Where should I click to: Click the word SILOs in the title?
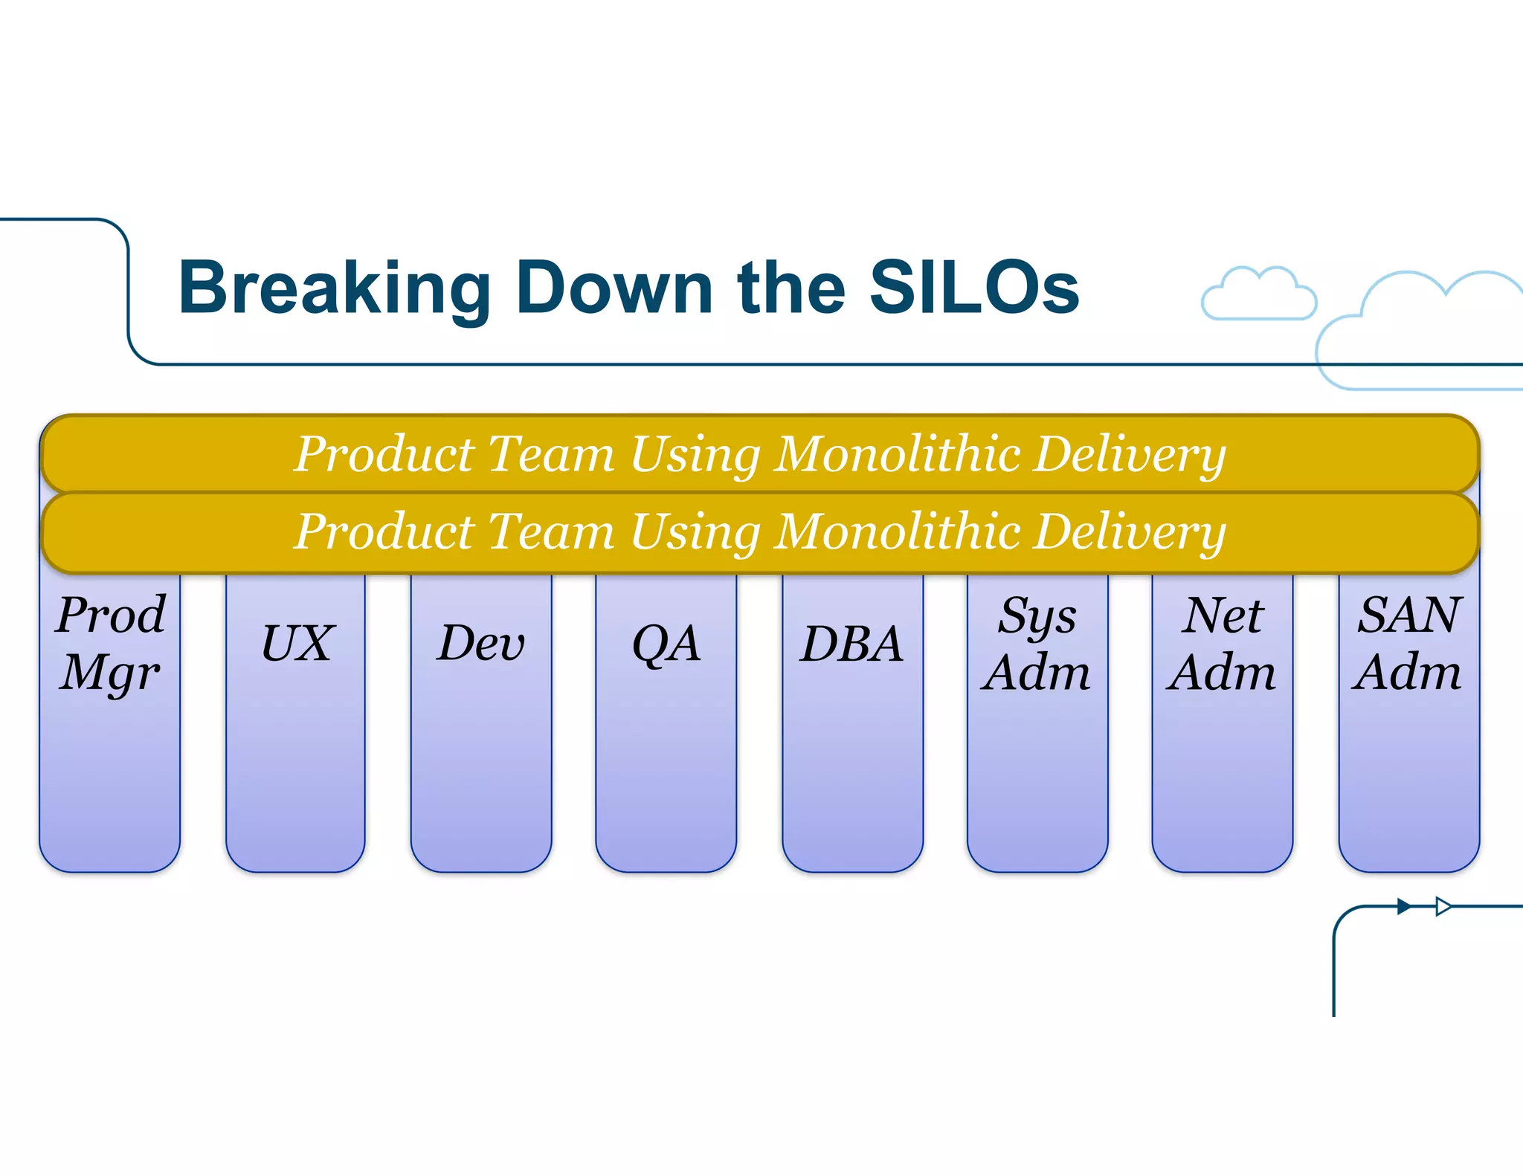click(x=973, y=288)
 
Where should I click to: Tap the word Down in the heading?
click(x=614, y=288)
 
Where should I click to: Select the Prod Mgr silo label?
click(x=111, y=644)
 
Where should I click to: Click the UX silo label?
click(x=297, y=643)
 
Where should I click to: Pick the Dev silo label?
click(x=481, y=643)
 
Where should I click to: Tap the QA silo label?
click(x=666, y=644)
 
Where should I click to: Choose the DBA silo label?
click(x=852, y=644)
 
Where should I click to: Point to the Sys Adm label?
click(x=1037, y=644)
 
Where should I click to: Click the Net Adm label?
click(x=1222, y=644)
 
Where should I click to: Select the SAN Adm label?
click(x=1408, y=644)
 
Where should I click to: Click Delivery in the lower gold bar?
click(x=1130, y=533)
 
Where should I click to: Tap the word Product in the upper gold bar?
click(x=384, y=453)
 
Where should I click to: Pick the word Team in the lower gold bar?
click(x=551, y=532)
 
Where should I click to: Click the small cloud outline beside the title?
click(x=1258, y=294)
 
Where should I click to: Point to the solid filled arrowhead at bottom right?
click(x=1404, y=906)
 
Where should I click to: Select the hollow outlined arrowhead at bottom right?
click(x=1443, y=906)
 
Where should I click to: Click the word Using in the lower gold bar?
click(x=695, y=533)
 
